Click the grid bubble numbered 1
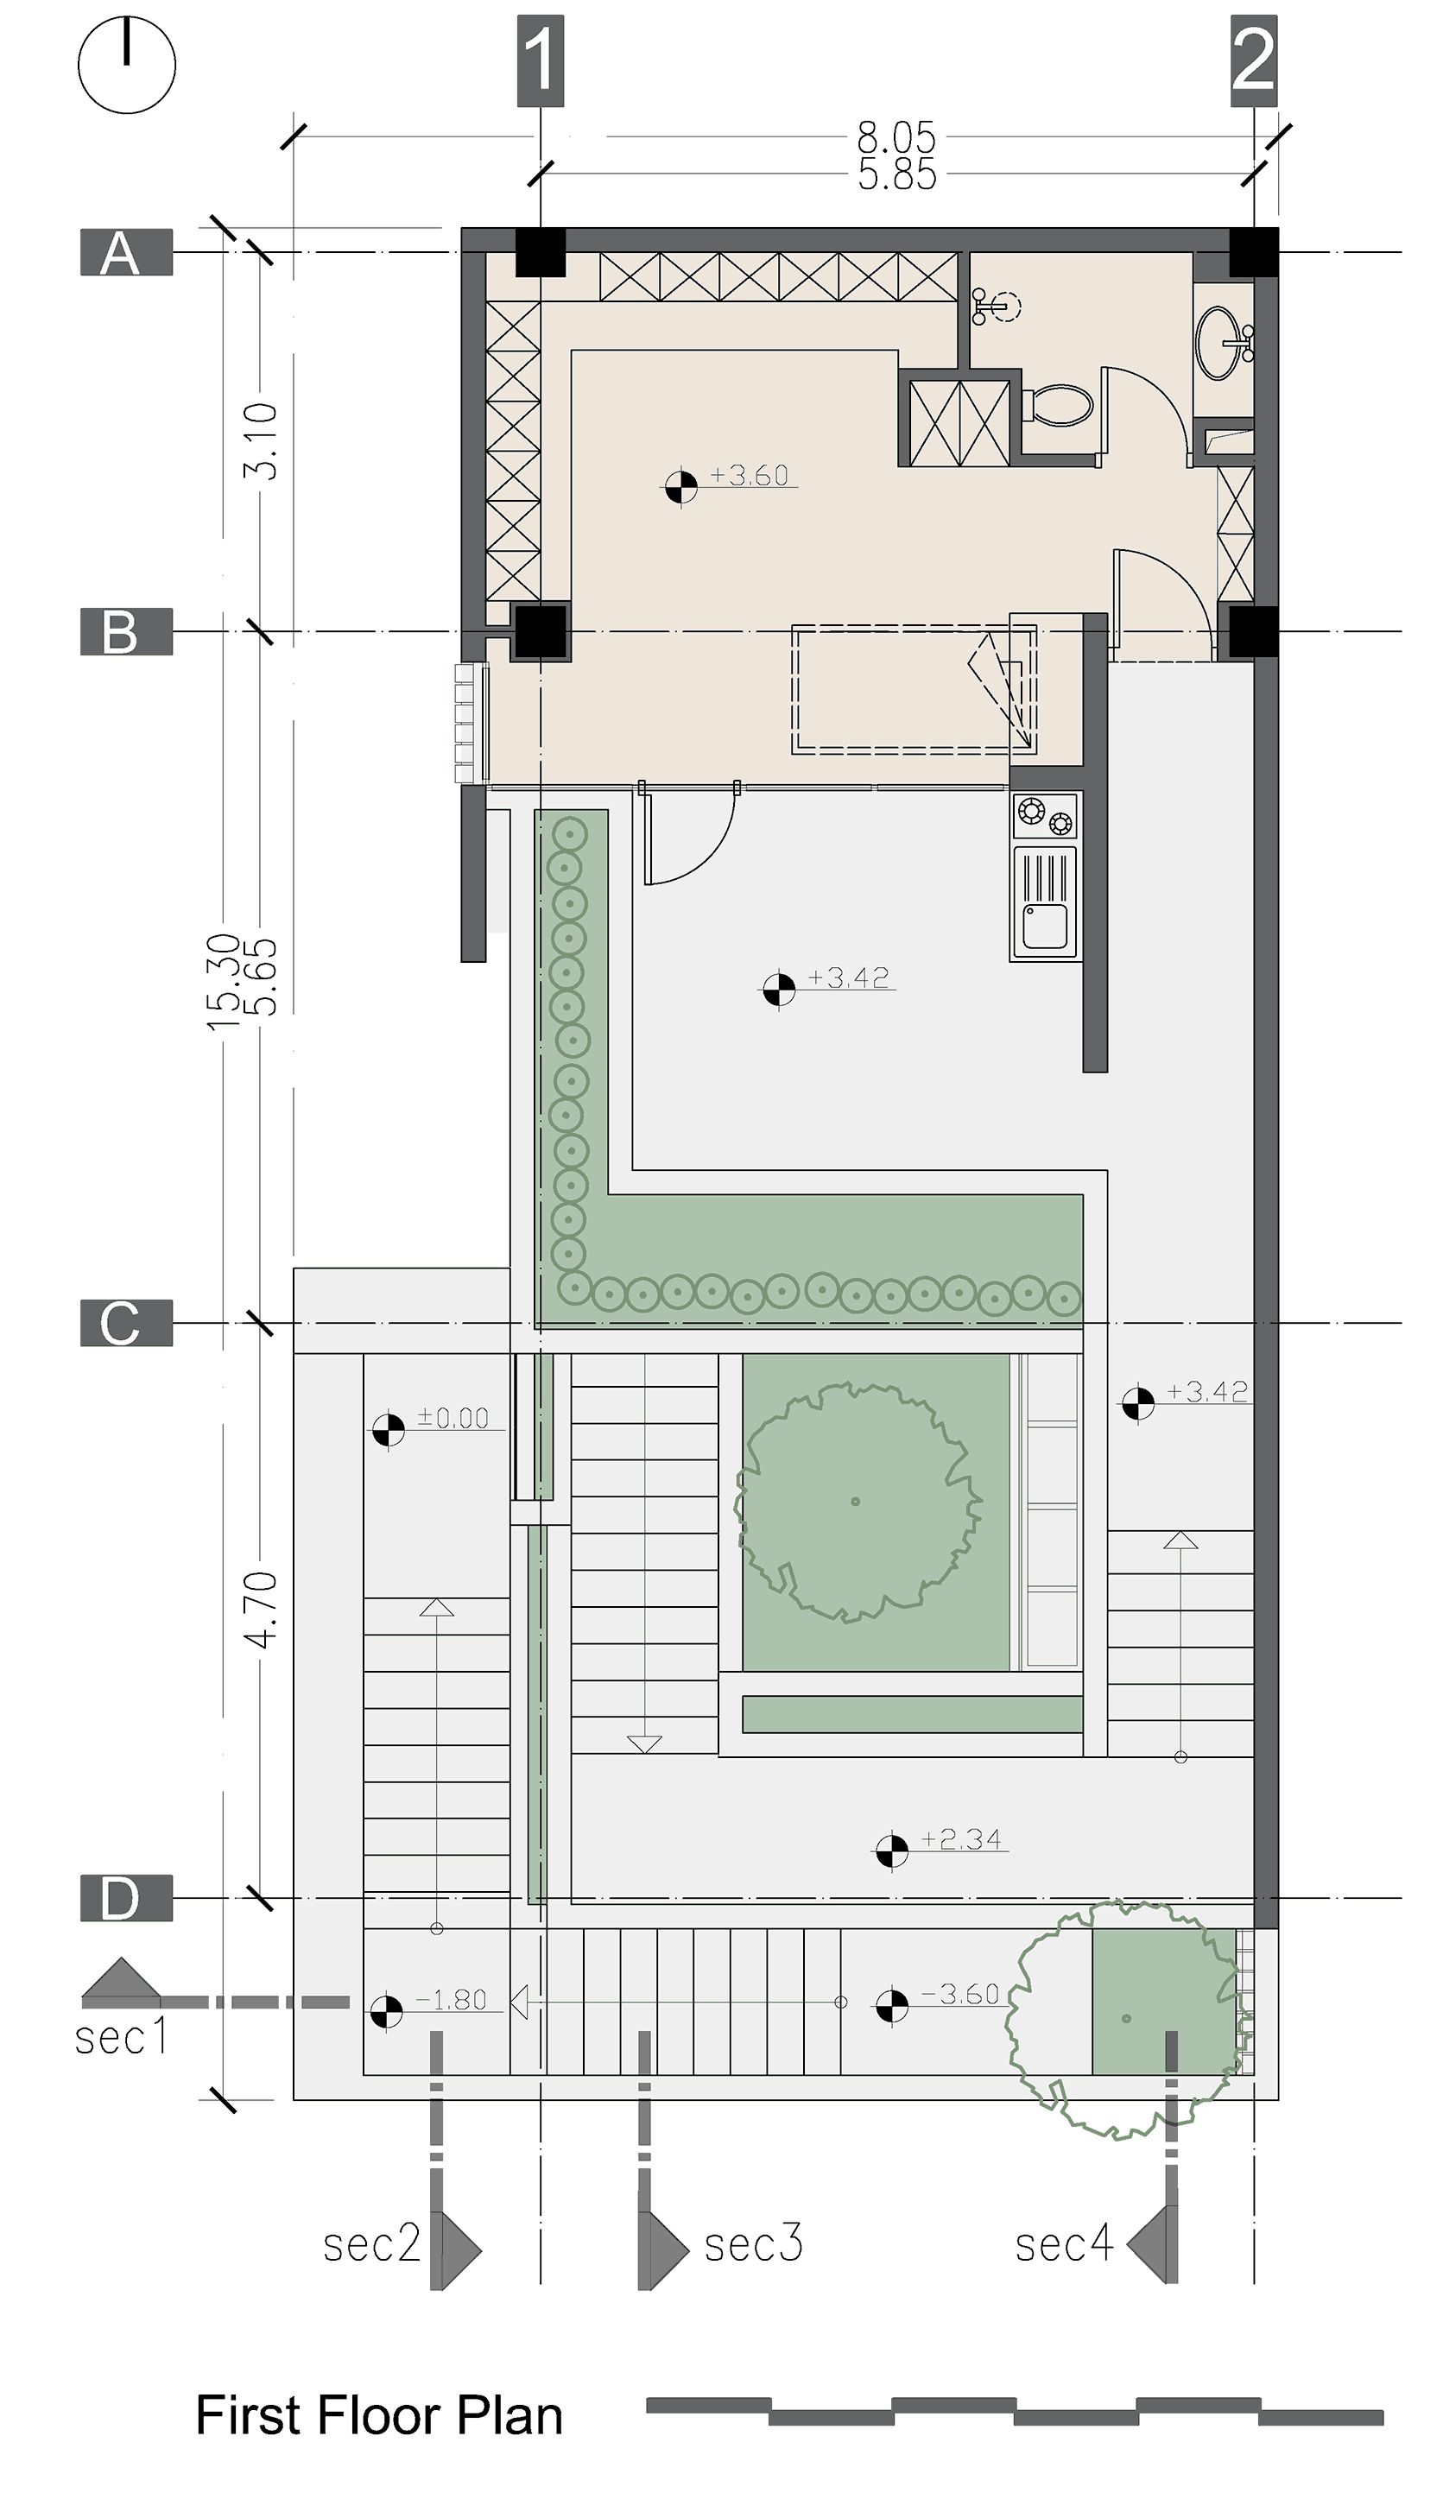[x=540, y=61]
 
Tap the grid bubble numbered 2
[x=1253, y=61]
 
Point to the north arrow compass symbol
[x=127, y=65]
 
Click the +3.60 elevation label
[x=750, y=476]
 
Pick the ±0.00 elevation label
[x=453, y=1418]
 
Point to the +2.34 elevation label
[x=960, y=1840]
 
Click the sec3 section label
[x=752, y=2243]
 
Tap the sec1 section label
[x=121, y=2037]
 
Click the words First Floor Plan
[x=378, y=2416]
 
